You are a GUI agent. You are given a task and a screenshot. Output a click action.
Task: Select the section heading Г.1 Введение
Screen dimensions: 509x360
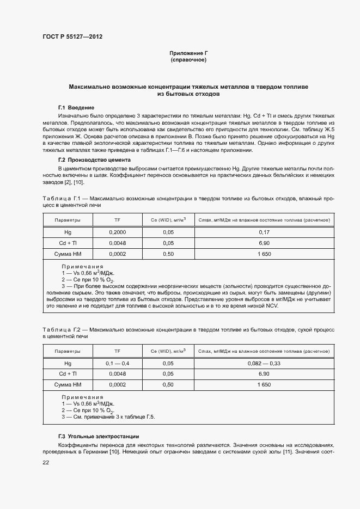(76, 107)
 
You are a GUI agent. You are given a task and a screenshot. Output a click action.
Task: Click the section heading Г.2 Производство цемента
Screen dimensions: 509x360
(94, 160)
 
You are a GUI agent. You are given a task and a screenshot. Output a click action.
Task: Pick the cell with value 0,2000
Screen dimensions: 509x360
(117, 232)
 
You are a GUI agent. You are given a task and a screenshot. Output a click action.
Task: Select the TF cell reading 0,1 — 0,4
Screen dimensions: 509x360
(117, 363)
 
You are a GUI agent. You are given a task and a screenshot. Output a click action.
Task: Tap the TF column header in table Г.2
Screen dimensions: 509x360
(117, 351)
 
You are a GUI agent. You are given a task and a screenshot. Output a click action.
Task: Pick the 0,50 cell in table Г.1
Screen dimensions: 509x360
(168, 254)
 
